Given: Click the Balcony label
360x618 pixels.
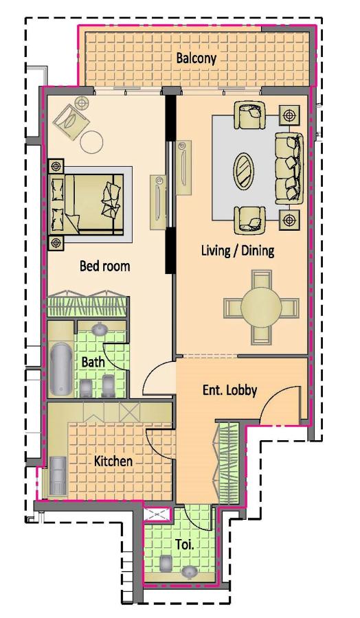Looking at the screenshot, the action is [x=196, y=58].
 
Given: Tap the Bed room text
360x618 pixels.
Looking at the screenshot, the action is [x=104, y=266].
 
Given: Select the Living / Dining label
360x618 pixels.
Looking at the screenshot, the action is [x=238, y=250].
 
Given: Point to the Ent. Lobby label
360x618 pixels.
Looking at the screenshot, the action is [x=230, y=390].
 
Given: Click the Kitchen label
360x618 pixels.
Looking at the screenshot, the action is [x=113, y=461].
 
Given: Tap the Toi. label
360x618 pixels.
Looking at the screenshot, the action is [x=185, y=545].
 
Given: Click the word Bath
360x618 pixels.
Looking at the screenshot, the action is [x=93, y=362].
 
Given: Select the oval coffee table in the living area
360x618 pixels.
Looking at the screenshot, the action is [x=244, y=171].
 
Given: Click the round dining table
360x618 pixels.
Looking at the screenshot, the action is [x=261, y=306].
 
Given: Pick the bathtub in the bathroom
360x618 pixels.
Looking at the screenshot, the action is [x=61, y=369].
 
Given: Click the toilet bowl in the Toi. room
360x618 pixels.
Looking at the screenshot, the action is [x=167, y=563].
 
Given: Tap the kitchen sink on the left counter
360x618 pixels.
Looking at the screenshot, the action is [x=58, y=475].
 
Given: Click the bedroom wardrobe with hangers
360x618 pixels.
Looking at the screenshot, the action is [x=87, y=304].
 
